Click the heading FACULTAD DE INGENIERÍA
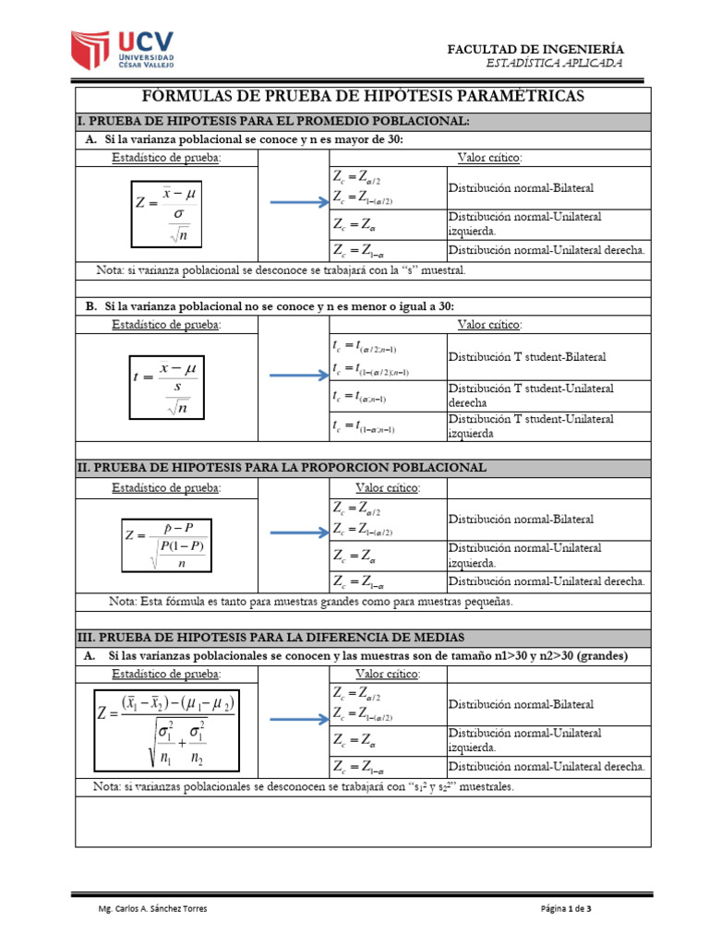(535, 48)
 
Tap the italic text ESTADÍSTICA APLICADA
(554, 63)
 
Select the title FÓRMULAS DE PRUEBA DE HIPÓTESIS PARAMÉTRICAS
(363, 97)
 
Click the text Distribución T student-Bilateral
(527, 356)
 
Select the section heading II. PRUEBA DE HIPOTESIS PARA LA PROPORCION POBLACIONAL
(282, 468)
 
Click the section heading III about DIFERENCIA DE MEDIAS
(270, 638)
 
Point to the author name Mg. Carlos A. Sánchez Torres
(152, 909)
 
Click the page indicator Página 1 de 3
(566, 909)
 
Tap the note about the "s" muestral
(281, 270)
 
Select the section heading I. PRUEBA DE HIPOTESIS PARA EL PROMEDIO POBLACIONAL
(273, 121)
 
